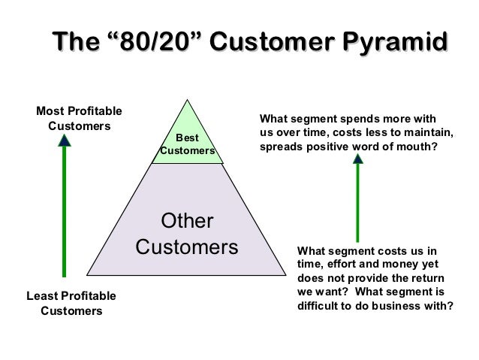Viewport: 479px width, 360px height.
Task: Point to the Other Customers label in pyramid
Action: click(x=188, y=234)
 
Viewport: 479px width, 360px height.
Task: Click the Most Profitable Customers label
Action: click(x=79, y=119)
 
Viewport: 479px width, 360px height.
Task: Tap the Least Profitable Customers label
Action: click(x=71, y=303)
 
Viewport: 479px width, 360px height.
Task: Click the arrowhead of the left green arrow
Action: click(x=65, y=140)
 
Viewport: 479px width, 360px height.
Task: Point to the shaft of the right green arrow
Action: click(x=357, y=207)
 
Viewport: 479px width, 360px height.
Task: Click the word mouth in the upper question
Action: click(x=414, y=147)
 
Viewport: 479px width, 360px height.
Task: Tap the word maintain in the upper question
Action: click(x=427, y=133)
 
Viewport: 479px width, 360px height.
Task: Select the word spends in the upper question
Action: click(x=356, y=119)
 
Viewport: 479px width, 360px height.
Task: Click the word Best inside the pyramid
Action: click(x=187, y=138)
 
